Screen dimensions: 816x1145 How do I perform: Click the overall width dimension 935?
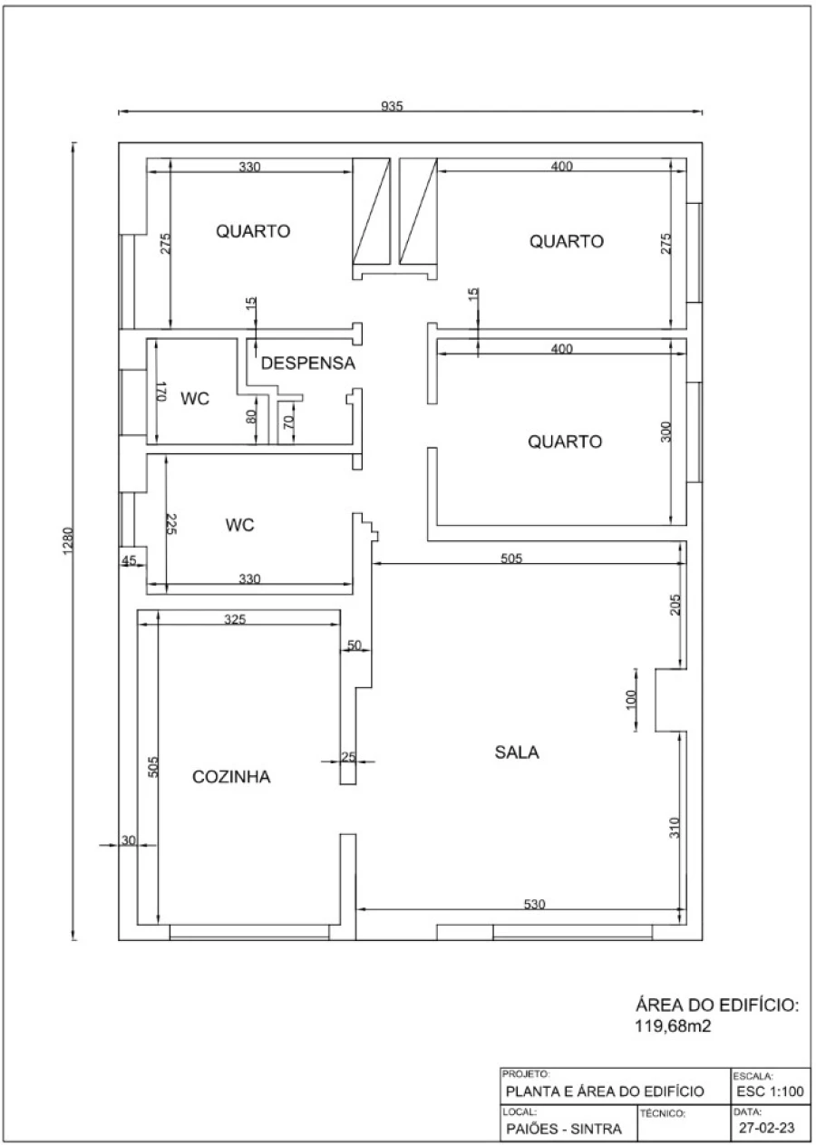coord(393,106)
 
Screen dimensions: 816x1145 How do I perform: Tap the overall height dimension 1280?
coord(67,541)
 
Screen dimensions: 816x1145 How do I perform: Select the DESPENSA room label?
coord(307,363)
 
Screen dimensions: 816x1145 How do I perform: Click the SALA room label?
coord(517,752)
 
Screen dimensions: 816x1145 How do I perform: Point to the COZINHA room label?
coord(231,776)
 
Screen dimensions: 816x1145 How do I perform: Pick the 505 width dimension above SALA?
coord(511,558)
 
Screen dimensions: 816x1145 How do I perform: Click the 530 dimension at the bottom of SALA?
coord(534,904)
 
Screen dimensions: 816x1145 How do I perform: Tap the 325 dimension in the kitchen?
coord(235,619)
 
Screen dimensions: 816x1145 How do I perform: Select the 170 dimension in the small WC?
coord(160,392)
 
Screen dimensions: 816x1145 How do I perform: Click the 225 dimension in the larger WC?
coord(171,524)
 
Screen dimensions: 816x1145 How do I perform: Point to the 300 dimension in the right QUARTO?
coord(665,432)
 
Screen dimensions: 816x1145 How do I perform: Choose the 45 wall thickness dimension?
coord(129,560)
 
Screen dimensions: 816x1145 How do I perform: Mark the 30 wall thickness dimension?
coord(129,839)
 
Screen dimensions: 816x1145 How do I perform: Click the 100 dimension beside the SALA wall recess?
coord(630,699)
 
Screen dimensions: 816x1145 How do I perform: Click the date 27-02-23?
coord(767,1128)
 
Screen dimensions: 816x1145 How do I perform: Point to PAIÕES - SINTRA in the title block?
coord(564,1129)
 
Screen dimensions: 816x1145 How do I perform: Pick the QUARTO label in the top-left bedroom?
coord(253,231)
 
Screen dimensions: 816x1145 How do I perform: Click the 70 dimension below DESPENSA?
coord(288,422)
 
